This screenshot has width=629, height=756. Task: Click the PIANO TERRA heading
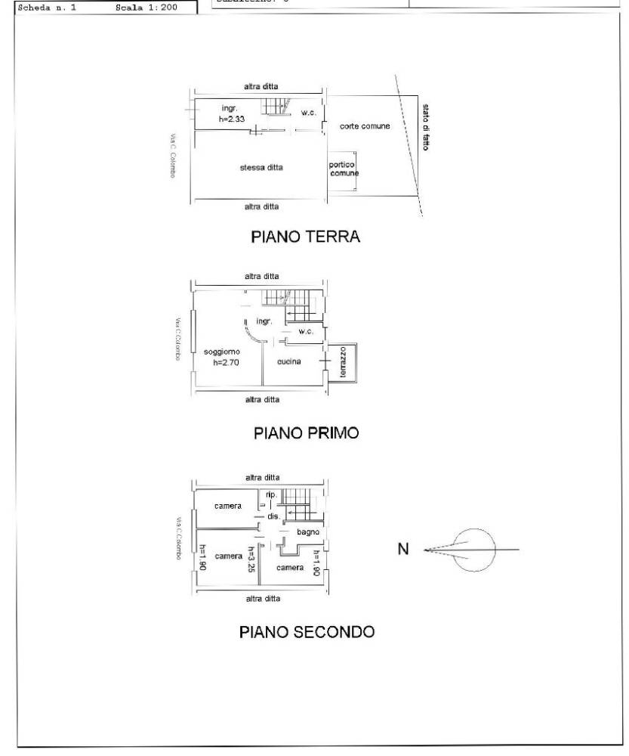click(x=305, y=237)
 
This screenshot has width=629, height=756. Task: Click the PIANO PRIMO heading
click(x=305, y=433)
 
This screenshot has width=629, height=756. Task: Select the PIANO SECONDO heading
click(x=307, y=631)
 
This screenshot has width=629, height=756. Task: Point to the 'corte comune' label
click(x=364, y=126)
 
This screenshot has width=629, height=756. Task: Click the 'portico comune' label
click(x=343, y=169)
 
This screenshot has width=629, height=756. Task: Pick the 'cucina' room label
click(x=288, y=361)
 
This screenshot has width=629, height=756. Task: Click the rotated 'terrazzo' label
click(x=342, y=363)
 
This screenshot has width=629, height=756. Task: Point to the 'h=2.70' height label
click(x=226, y=362)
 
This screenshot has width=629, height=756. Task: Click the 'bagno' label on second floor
click(x=307, y=532)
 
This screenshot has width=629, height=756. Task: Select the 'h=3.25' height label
click(x=251, y=559)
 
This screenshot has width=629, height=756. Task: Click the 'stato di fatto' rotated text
click(x=426, y=127)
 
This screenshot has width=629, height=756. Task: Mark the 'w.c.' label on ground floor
click(x=307, y=113)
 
